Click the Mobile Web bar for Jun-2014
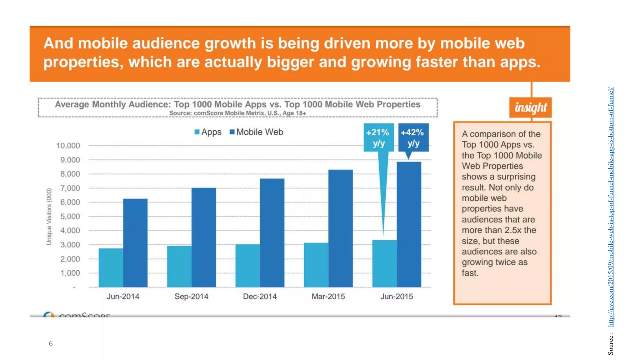tap(135, 243)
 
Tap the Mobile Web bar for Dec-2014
tap(272, 233)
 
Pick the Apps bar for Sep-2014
tap(179, 266)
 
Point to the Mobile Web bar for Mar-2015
tap(340, 228)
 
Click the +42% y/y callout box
tap(413, 137)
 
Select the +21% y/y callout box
tap(378, 137)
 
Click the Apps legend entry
tap(208, 132)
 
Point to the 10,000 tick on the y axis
tap(68, 146)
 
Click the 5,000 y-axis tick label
tap(70, 217)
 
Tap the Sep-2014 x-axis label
tap(191, 296)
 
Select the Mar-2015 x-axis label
tap(328, 296)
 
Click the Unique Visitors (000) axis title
tap(49, 217)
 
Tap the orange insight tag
tap(530, 107)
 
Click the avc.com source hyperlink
tap(611, 206)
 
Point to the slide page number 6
tap(51, 344)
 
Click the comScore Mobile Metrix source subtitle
tap(237, 113)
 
